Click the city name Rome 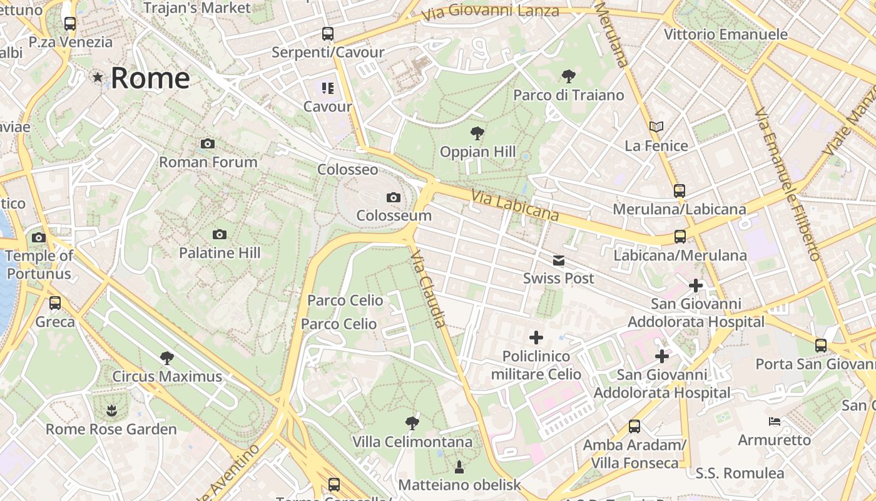[150, 78]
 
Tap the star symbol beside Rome [98, 78]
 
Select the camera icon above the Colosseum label [393, 198]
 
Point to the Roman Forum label [208, 162]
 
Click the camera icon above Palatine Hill [219, 234]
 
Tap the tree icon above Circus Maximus [166, 358]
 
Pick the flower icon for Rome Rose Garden [111, 411]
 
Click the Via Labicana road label [515, 205]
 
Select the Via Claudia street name [429, 289]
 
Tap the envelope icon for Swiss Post [558, 261]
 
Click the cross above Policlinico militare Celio [536, 338]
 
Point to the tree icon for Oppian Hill [477, 133]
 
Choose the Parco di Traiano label [569, 95]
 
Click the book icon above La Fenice [656, 127]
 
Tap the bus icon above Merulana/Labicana [680, 190]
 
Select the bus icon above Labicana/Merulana [680, 237]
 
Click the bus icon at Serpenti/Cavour [328, 34]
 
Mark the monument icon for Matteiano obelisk [459, 467]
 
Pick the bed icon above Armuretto [775, 421]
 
